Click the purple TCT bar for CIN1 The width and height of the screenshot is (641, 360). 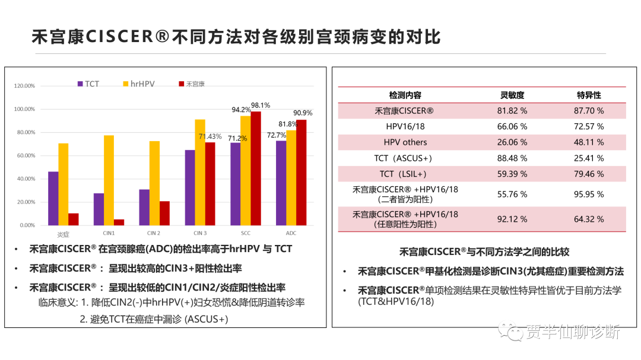(99, 209)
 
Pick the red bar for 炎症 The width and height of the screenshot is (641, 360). (74, 219)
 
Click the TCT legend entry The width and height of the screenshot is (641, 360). (88, 84)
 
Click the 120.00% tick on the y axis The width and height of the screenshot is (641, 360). (24, 86)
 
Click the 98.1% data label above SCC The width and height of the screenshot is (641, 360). (260, 105)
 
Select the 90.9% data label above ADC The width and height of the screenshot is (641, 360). (303, 113)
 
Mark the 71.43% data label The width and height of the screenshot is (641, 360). (210, 136)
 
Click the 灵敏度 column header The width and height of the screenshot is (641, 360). (512, 95)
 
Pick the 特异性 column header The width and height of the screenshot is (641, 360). (589, 95)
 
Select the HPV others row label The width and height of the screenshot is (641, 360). (405, 142)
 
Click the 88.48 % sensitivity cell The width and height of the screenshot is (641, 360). (512, 158)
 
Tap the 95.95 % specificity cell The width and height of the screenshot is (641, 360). (589, 195)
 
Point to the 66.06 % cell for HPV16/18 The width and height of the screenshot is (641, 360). (512, 126)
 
